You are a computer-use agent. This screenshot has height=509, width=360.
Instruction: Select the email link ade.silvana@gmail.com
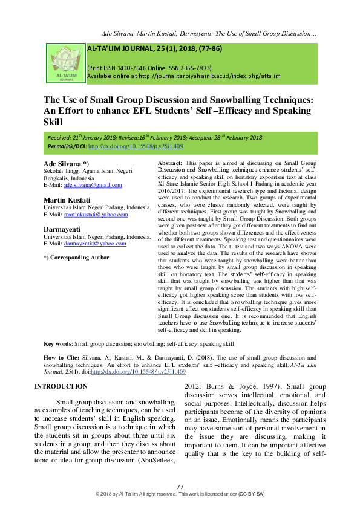coord(91,185)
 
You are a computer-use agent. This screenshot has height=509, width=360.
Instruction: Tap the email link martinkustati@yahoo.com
coord(97,215)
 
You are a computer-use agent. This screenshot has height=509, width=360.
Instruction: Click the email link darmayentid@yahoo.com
coord(96,244)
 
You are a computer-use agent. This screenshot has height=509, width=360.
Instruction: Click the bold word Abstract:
coord(170,164)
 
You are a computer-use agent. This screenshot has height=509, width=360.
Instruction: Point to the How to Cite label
coord(58,357)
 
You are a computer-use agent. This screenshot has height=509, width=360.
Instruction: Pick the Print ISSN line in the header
coord(150,68)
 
